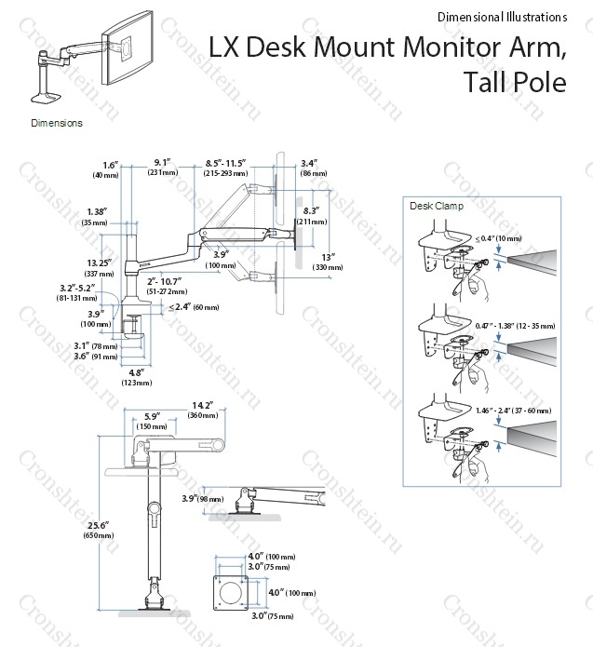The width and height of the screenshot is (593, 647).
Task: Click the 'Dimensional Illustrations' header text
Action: pyautogui.click(x=500, y=17)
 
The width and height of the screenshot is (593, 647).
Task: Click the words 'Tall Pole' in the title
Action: pyautogui.click(x=514, y=82)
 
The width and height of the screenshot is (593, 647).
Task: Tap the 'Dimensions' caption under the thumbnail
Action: pyautogui.click(x=57, y=123)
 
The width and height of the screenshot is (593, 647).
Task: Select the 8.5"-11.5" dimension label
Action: pyautogui.click(x=226, y=168)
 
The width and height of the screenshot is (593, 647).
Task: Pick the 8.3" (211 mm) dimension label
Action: pyautogui.click(x=317, y=216)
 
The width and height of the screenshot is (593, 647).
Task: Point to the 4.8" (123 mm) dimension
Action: pyautogui.click(x=137, y=377)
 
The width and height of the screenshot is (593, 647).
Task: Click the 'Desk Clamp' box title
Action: pyautogui.click(x=431, y=207)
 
